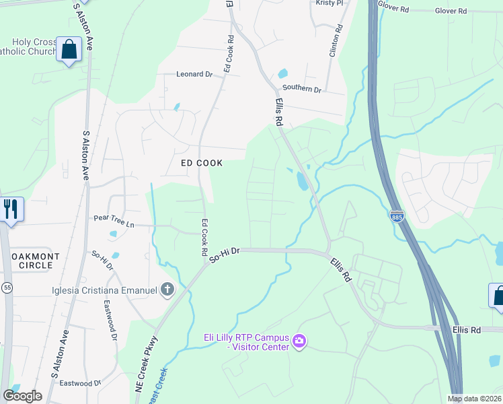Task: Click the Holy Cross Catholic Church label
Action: point(27,45)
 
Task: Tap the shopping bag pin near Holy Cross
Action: point(69,49)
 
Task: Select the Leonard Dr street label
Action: point(194,74)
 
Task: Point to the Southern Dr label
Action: point(302,89)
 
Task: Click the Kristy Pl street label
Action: point(330,3)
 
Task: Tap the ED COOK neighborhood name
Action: point(202,163)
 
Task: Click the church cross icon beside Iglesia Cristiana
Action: point(167,290)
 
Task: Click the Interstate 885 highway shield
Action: point(397,217)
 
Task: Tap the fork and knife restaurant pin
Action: point(11,209)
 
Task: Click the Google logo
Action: point(22,396)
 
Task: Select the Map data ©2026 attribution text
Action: point(475,399)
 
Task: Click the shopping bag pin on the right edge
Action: point(497,296)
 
